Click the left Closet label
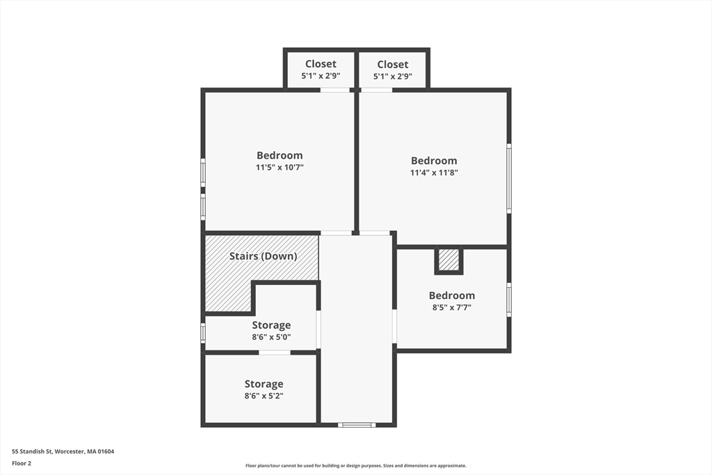coord(320,64)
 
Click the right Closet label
coord(393,65)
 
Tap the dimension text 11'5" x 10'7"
coord(280,167)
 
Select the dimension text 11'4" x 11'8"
coord(434,172)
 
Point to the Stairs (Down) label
coord(263,256)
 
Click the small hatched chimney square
coord(449,260)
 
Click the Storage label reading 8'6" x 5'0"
coord(271,325)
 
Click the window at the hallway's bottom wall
coord(357,424)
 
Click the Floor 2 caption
coord(22,462)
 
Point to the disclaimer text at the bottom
coord(355,466)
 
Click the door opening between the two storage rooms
coord(275,353)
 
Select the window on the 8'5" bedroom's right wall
coord(509,300)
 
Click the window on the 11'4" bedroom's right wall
coord(509,178)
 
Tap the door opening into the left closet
coord(334,90)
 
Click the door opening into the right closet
coord(376,90)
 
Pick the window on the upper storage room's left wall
coord(203,332)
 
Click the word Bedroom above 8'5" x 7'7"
coord(451,296)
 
